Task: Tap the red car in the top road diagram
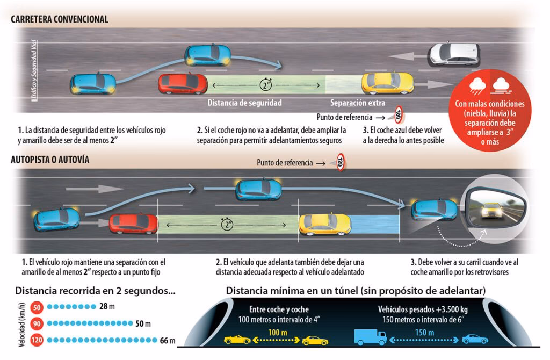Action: coord(183,84)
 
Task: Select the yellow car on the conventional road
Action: coord(387,83)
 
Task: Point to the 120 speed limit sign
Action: coord(340,162)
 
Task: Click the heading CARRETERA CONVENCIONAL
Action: coord(60,19)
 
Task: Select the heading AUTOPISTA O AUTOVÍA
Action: coord(50,160)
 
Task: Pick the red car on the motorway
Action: coord(133,223)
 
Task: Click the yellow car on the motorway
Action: coord(325,224)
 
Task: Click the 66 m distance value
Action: coord(168,340)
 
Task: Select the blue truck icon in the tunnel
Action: coord(370,337)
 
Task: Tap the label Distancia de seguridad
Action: coord(244,103)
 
